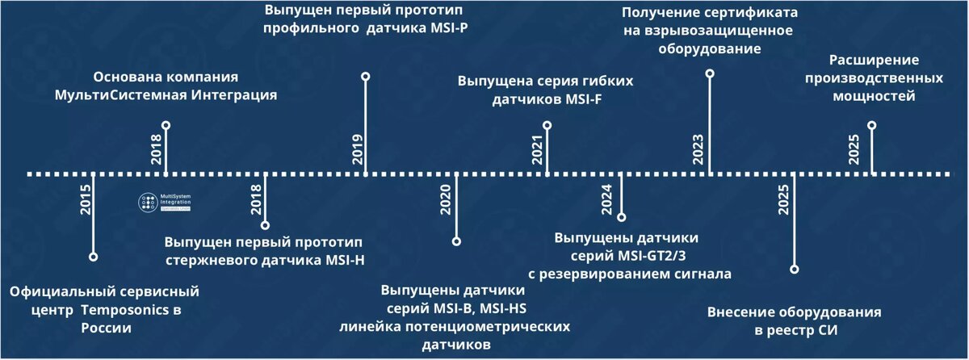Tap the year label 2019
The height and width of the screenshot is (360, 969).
357,149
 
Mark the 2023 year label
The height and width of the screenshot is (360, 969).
699,149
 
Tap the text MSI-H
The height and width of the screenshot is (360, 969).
342,260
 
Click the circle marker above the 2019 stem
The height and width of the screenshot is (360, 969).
366,77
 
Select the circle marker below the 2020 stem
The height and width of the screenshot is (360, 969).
456,241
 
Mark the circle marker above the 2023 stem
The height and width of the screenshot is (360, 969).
710,73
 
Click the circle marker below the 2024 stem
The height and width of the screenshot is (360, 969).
621,216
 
